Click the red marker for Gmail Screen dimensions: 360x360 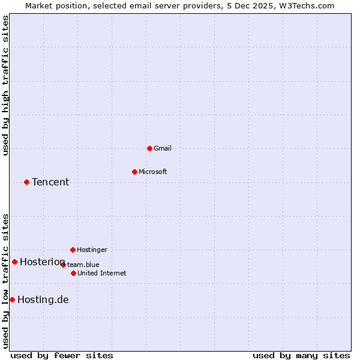[149, 148]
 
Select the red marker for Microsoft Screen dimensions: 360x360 [134, 172]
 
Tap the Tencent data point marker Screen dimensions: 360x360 [26, 182]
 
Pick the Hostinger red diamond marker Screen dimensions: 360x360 [73, 250]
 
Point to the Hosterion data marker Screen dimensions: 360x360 [14, 262]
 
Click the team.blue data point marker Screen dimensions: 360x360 [63, 265]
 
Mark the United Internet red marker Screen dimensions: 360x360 [73, 273]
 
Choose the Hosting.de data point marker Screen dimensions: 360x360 [12, 299]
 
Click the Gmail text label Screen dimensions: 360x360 [163, 148]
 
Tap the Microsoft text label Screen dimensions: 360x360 [153, 172]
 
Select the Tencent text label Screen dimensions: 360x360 [50, 182]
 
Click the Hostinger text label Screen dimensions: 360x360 [92, 250]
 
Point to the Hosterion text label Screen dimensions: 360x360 [42, 262]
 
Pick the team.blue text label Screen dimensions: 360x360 [83, 265]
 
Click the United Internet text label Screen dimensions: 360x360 [102, 273]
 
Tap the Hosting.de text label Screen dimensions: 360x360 [43, 299]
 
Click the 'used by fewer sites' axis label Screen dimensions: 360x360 [62, 355]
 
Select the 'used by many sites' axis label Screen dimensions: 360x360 [301, 355]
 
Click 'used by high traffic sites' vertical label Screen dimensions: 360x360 [5, 85]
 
